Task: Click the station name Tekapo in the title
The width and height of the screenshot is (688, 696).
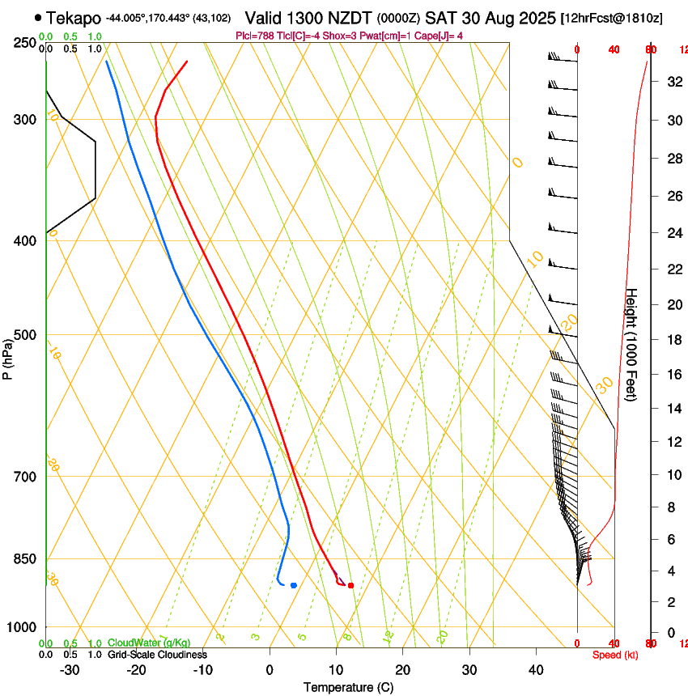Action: [x=74, y=18]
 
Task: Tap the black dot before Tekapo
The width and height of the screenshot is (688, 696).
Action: [x=38, y=17]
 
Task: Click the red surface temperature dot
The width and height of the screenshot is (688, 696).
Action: [x=350, y=585]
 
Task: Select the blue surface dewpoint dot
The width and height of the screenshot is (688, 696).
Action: [x=294, y=585]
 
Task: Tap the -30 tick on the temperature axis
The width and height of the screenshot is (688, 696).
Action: [x=70, y=670]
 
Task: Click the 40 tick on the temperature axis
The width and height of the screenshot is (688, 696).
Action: [x=536, y=670]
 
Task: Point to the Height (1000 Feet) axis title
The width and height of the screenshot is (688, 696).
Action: [x=632, y=345]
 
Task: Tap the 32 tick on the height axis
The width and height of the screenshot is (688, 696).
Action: [x=673, y=82]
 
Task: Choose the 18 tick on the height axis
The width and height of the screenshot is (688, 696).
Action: [x=673, y=340]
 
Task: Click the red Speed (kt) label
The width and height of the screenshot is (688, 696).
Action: [x=615, y=655]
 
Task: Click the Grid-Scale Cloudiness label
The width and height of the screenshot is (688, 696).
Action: [x=157, y=655]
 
